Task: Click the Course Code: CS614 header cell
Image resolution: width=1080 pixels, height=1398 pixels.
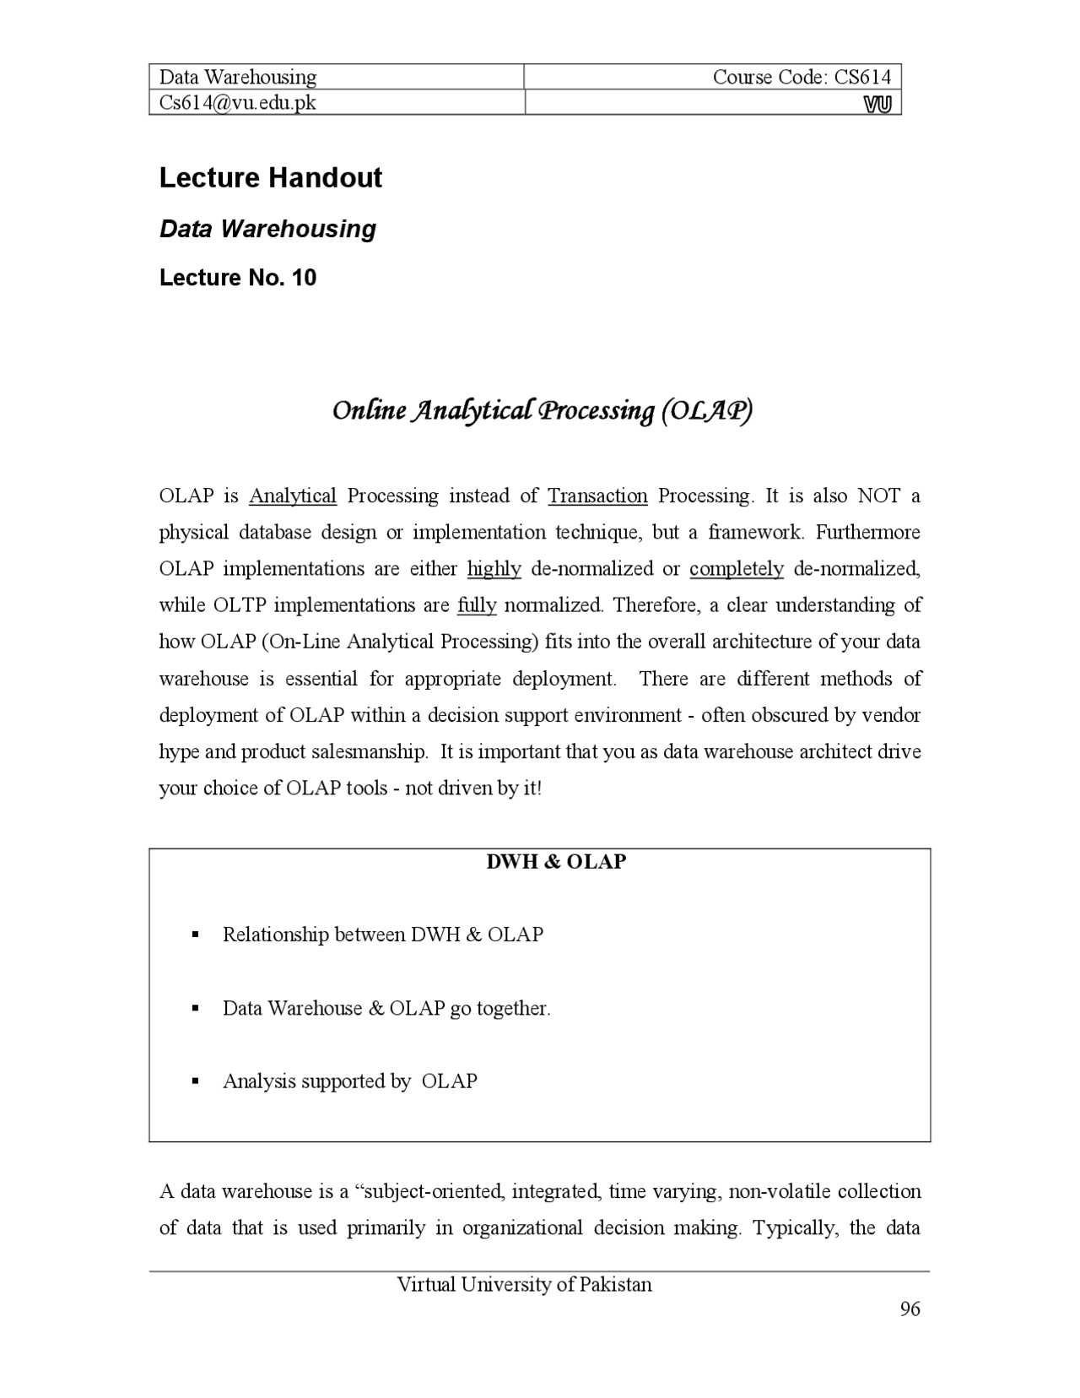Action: [x=801, y=77]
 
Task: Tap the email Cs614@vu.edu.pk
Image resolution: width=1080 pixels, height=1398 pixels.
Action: [x=238, y=102]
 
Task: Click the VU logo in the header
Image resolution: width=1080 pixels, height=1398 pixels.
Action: [x=877, y=104]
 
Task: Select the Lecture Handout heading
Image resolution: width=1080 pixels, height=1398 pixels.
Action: [x=270, y=178]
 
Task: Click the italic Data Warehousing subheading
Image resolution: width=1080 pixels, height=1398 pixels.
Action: [x=267, y=229]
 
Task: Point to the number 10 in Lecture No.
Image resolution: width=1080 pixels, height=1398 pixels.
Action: [x=304, y=278]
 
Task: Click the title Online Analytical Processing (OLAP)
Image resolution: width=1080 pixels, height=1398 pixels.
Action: [x=542, y=411]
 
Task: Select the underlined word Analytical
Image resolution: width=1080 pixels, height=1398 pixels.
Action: [x=293, y=496]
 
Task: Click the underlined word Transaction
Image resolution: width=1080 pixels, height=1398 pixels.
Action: [x=597, y=496]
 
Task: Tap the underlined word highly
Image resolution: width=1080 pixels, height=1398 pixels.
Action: [x=494, y=569]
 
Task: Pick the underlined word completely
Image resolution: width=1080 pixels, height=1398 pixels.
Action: [x=736, y=569]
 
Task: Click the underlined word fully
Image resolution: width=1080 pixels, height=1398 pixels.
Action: [x=477, y=605]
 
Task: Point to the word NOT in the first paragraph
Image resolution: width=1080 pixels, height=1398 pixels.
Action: [x=879, y=496]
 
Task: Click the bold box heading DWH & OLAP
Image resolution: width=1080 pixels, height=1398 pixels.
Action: [x=556, y=862]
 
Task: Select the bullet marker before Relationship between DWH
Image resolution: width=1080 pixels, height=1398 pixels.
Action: [x=195, y=935]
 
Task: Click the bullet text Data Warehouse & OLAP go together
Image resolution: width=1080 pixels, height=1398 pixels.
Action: [x=386, y=1008]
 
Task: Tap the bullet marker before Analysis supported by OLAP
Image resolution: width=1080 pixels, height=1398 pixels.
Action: [x=195, y=1081]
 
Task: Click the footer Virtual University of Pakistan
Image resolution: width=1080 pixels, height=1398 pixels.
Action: [x=524, y=1285]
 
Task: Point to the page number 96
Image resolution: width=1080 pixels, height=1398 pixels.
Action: [x=910, y=1309]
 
